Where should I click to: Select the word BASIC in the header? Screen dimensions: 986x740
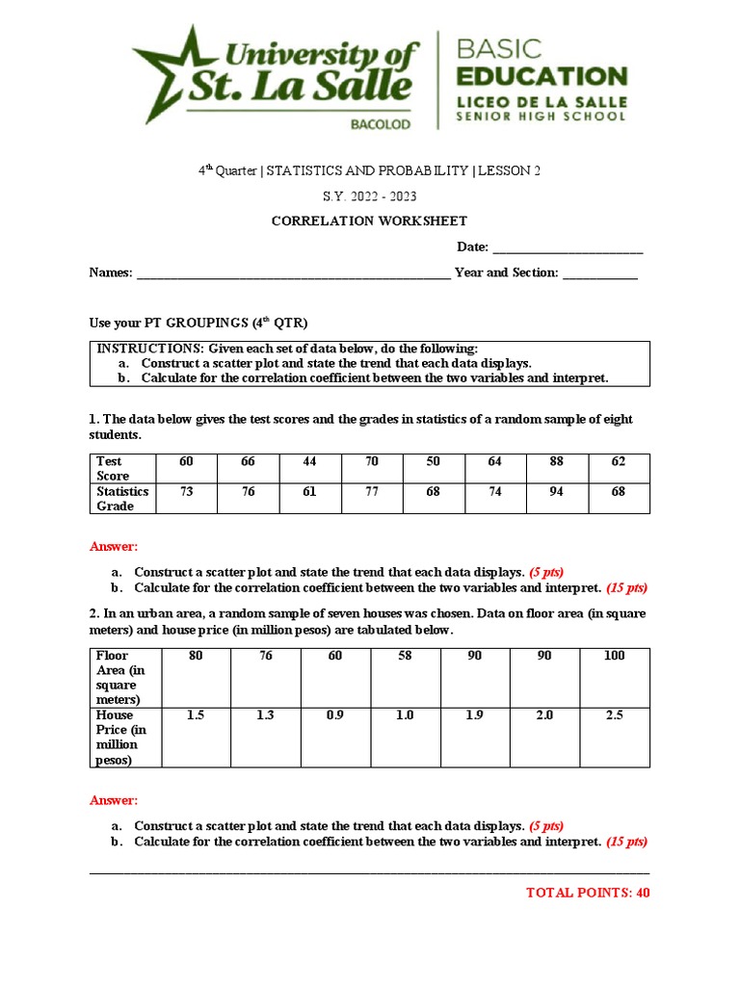tap(498, 48)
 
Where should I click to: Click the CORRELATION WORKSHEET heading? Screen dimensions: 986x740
tap(369, 221)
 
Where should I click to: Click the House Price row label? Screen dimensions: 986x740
tap(122, 738)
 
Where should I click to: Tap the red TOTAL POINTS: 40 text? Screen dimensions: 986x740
tap(588, 893)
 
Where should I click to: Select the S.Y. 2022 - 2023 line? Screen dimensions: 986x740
tap(369, 196)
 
